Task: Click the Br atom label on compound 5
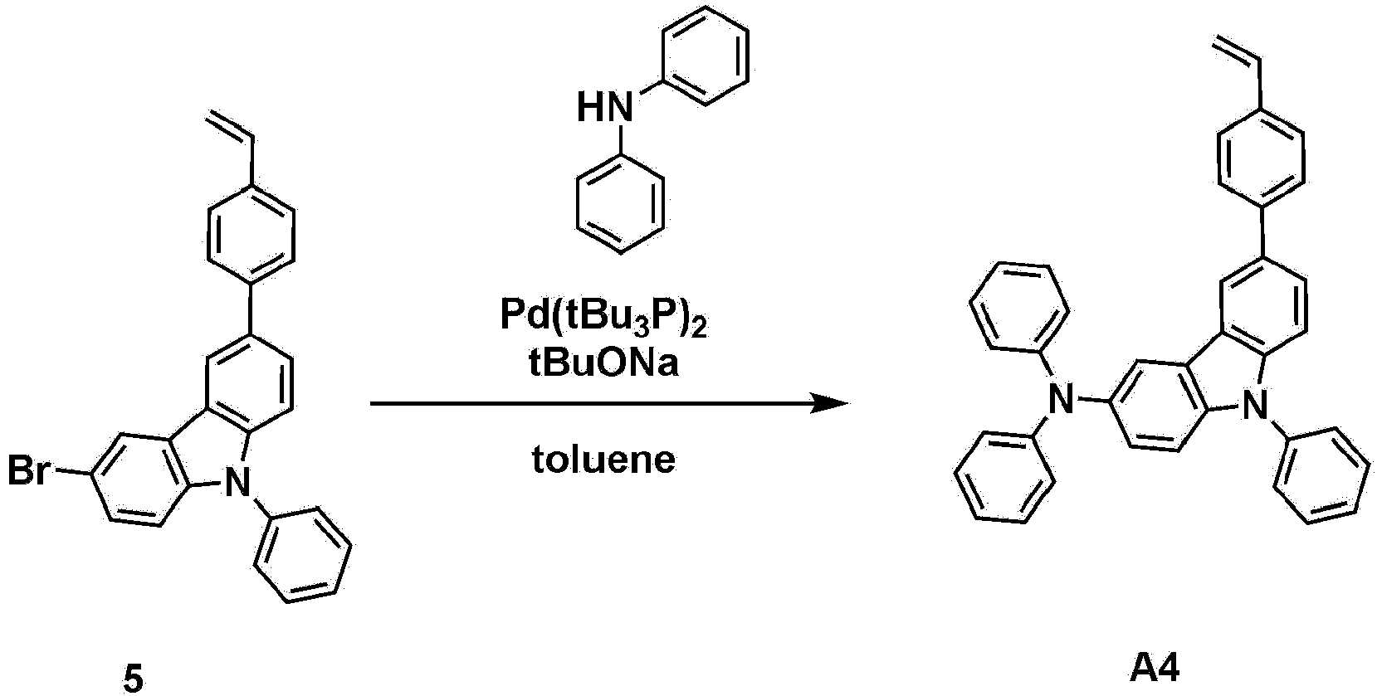click(x=28, y=471)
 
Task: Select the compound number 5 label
click(x=133, y=678)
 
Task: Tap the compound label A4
click(x=1155, y=669)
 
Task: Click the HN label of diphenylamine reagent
click(x=605, y=107)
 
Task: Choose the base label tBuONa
click(x=603, y=363)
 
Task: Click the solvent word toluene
click(x=603, y=460)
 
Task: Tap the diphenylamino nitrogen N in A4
click(x=1059, y=399)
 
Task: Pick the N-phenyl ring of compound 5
click(x=302, y=555)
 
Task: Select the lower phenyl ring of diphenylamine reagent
click(x=621, y=203)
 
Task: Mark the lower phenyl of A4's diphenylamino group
click(x=1004, y=476)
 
